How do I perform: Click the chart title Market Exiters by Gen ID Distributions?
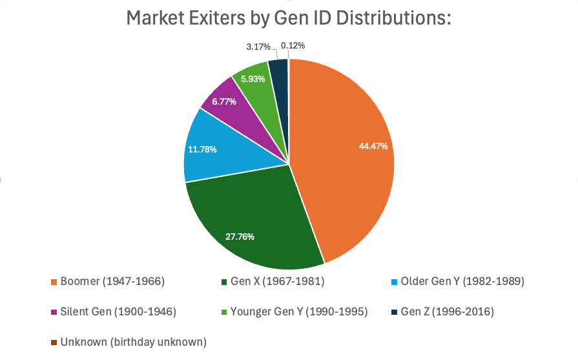pos(288,19)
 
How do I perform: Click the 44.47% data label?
pos(373,146)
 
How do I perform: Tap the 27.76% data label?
pos(240,237)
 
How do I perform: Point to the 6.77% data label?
pos(224,101)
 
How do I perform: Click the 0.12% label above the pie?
pos(293,45)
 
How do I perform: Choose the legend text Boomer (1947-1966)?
pos(112,282)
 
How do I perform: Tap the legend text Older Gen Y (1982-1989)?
pos(462,282)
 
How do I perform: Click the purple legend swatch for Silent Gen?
pos(54,312)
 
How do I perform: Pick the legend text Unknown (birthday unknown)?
pos(133,341)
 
